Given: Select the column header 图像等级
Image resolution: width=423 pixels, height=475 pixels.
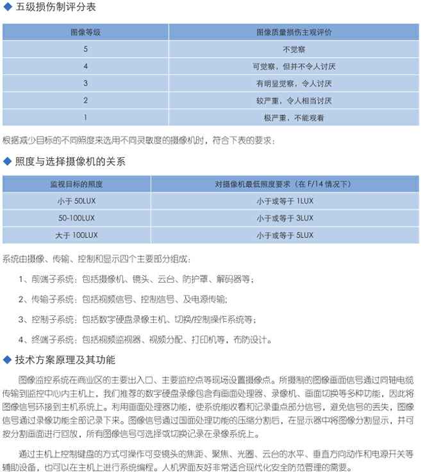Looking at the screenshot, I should pos(85,31).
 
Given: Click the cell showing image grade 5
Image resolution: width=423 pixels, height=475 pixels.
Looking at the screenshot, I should pos(85,49).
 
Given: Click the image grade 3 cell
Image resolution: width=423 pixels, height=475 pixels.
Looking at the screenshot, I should pos(85,83).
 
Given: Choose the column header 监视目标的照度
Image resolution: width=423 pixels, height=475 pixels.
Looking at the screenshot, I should pos(76,184).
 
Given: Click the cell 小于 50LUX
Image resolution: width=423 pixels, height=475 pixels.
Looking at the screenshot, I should pos(76,201).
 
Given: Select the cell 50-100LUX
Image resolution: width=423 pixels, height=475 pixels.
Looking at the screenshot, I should pos(76,219).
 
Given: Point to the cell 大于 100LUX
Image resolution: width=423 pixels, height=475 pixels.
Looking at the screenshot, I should pos(76,236).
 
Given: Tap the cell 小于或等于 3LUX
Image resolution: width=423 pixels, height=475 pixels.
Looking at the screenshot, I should pos(285,219).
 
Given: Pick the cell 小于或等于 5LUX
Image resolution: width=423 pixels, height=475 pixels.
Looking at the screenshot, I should pos(285,236).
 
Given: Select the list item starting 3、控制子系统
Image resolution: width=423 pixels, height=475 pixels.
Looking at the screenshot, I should pos(137,319).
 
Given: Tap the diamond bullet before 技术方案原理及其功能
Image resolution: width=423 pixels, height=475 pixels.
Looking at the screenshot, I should pos(8,359).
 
